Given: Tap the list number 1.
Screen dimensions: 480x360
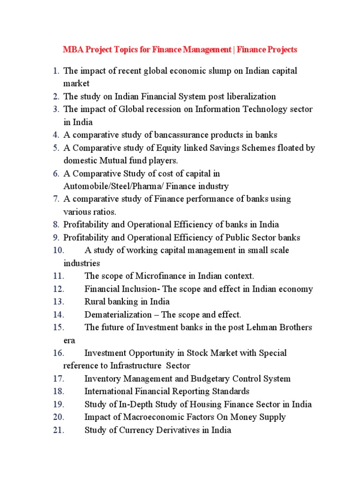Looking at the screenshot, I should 56,71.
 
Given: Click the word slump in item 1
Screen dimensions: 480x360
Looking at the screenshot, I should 213,71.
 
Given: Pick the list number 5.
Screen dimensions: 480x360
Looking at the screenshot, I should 56,148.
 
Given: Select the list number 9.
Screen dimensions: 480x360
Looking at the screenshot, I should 56,237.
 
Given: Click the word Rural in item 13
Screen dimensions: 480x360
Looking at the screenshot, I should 95,301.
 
